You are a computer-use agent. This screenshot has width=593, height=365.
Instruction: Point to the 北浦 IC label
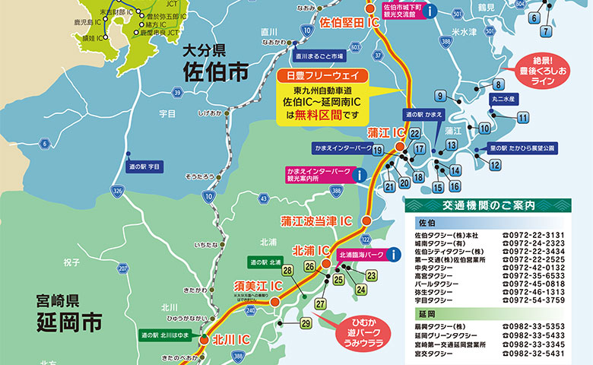point(311,250)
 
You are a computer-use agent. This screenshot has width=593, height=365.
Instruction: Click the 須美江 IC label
point(258,286)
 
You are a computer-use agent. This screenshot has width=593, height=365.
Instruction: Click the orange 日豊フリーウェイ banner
point(322,77)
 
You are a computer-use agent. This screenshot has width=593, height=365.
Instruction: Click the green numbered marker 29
point(306,324)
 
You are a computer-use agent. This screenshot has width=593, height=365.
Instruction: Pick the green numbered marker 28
point(288,270)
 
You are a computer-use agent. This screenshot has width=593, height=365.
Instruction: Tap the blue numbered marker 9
point(440,96)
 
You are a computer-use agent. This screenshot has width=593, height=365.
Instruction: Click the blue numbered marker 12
point(495,164)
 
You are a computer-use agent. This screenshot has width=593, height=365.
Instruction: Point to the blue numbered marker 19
point(377,151)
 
